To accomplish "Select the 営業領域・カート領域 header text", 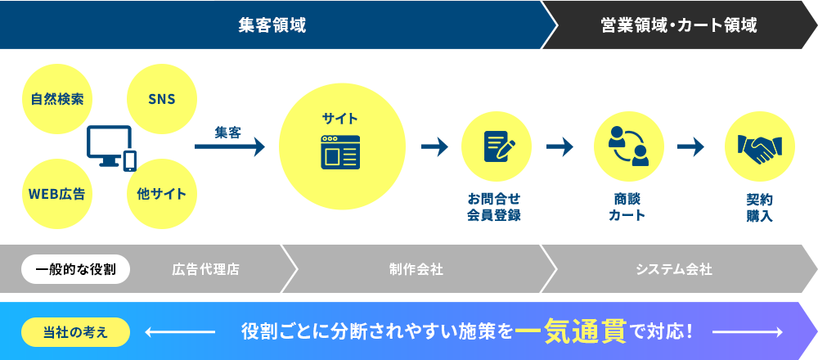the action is point(678,25).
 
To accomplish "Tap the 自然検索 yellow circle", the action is point(57,99).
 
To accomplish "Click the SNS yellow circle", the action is point(162,99).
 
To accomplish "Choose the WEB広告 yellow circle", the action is point(57,194).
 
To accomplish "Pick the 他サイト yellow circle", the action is point(162,194).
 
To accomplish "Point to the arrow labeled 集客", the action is point(230,146).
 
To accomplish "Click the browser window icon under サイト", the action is point(340,152).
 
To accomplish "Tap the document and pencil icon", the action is point(499,146).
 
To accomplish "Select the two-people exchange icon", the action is point(628,146).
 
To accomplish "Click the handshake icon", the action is point(760,147).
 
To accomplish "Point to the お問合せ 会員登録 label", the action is point(494,207).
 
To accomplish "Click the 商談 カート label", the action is point(627,207).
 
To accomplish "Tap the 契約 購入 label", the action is point(760,207).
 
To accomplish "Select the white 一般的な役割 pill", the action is point(75,269).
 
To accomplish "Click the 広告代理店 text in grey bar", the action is point(205,270).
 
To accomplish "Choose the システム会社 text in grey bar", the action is point(674,270).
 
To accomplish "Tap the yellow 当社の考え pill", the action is point(75,332).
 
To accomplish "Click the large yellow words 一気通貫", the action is point(571,331).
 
